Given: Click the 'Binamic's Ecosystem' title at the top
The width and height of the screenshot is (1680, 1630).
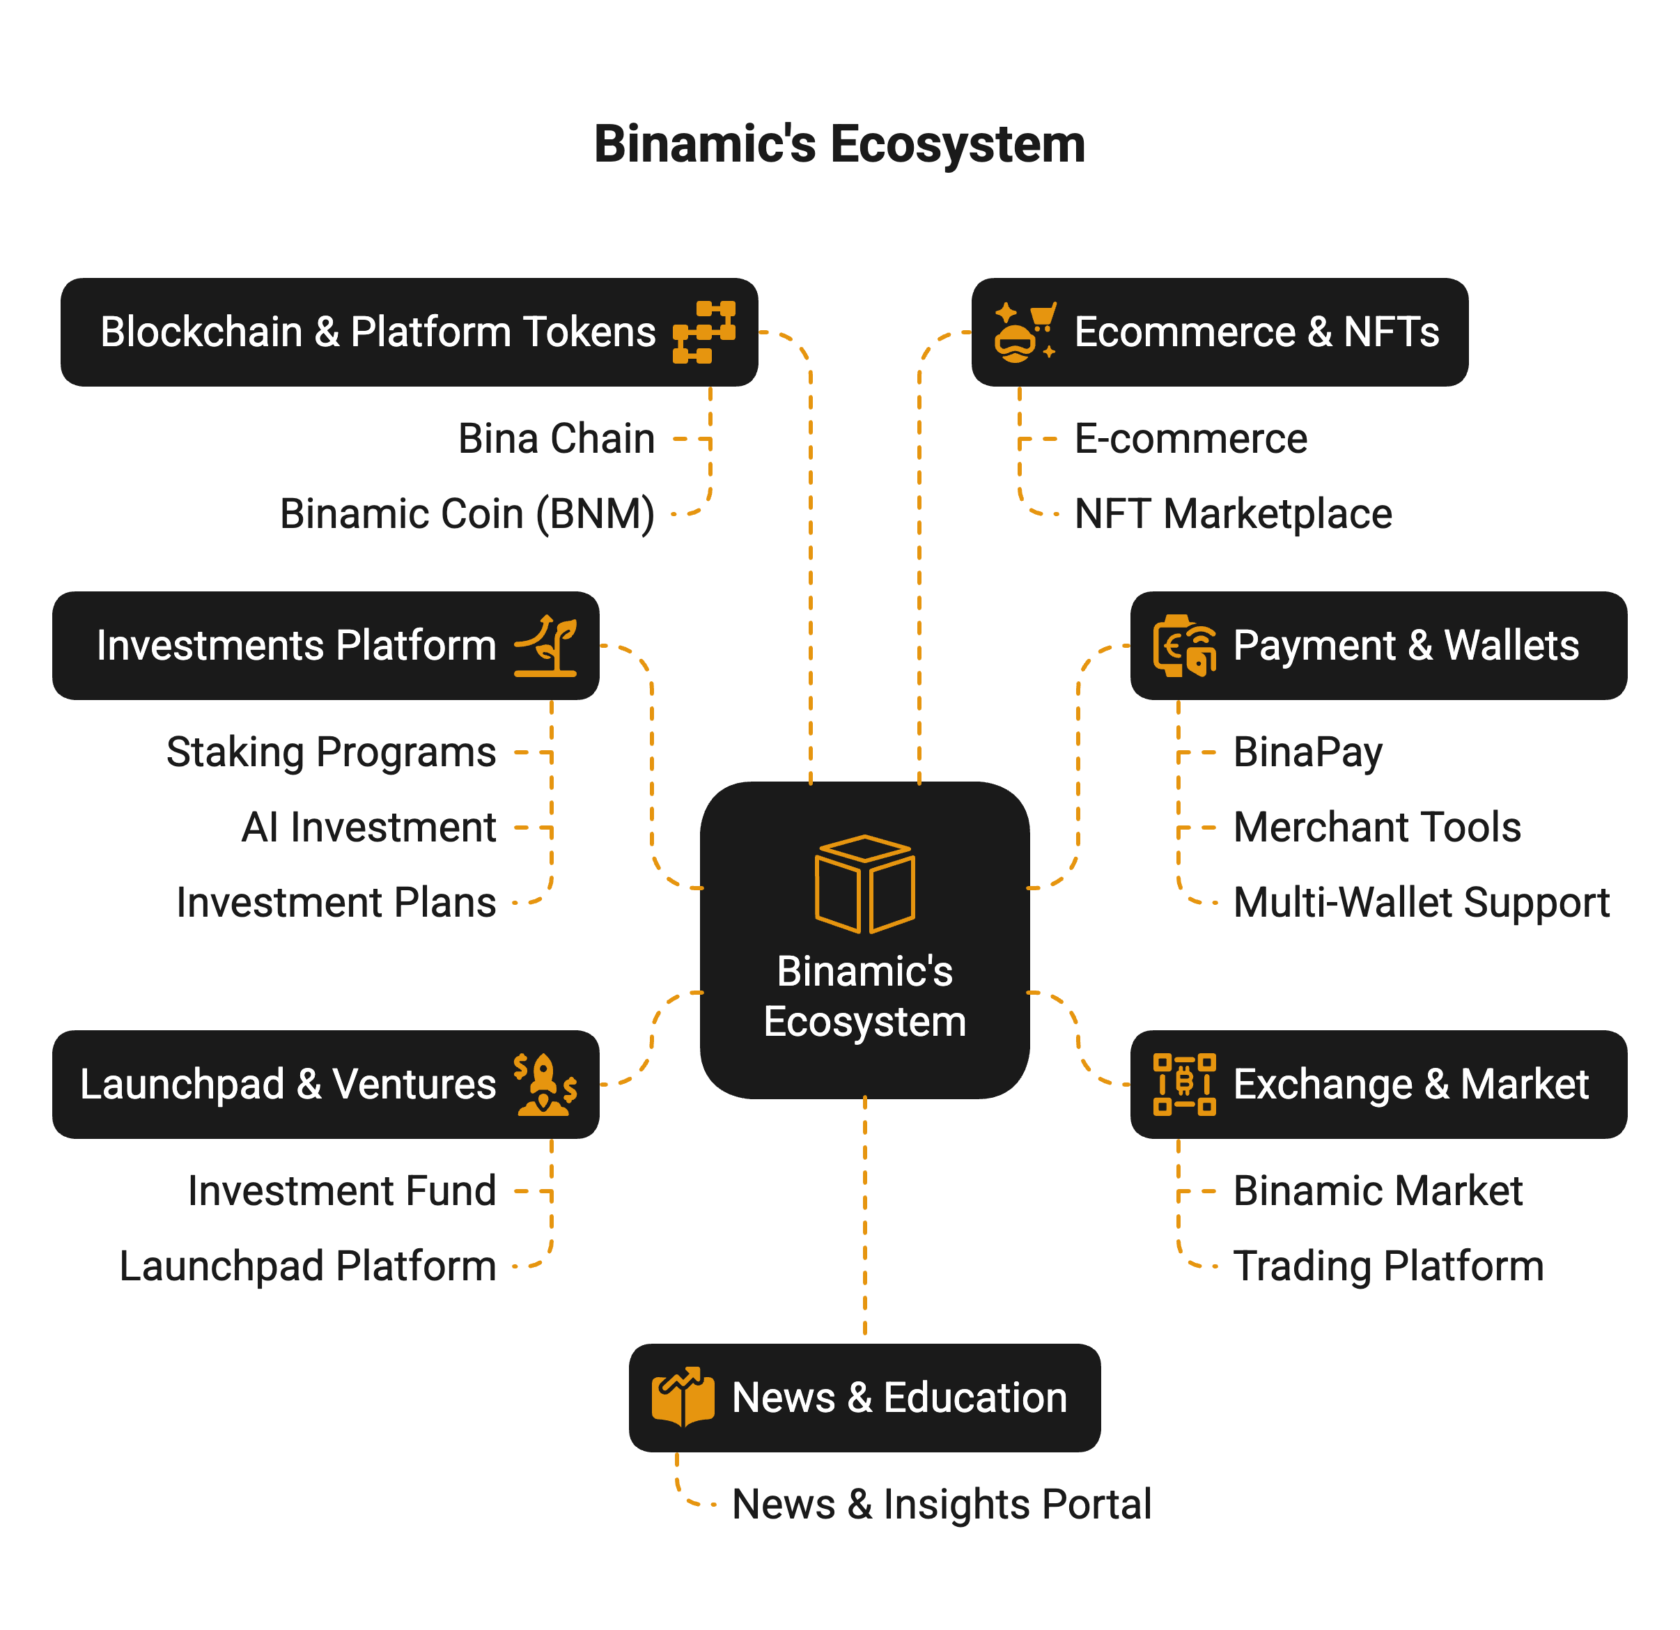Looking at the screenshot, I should tap(839, 143).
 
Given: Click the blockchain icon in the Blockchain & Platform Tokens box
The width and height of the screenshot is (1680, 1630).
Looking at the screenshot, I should tap(703, 332).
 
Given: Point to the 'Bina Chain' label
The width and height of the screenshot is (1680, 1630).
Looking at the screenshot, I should tap(557, 439).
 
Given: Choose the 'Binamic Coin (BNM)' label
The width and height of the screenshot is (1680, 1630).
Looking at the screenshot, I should tap(467, 513).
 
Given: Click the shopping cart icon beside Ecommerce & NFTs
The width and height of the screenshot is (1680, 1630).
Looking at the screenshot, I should tap(1025, 332).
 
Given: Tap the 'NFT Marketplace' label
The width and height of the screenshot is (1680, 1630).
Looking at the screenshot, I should tap(1233, 513).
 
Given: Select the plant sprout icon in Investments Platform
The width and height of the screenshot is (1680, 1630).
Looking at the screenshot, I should tap(545, 646).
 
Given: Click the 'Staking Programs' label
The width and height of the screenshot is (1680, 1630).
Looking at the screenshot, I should tap(332, 752).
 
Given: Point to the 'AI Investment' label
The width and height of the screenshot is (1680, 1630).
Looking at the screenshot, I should tap(369, 828).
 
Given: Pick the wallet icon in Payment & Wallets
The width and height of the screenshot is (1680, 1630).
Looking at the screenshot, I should tap(1183, 646).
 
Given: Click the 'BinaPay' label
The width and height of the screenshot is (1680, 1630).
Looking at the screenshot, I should tap(1307, 752).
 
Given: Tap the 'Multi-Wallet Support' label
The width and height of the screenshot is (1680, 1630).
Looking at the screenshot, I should tap(1421, 902).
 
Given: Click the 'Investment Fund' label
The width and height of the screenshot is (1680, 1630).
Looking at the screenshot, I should tap(342, 1191).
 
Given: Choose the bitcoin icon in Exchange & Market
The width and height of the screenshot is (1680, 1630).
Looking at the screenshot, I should tap(1183, 1084).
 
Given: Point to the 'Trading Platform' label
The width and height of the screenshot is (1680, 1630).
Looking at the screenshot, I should tap(1387, 1266).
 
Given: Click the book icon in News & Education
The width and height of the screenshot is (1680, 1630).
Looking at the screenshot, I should tap(683, 1397).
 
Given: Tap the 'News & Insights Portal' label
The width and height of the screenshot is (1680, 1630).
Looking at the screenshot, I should tap(941, 1504).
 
